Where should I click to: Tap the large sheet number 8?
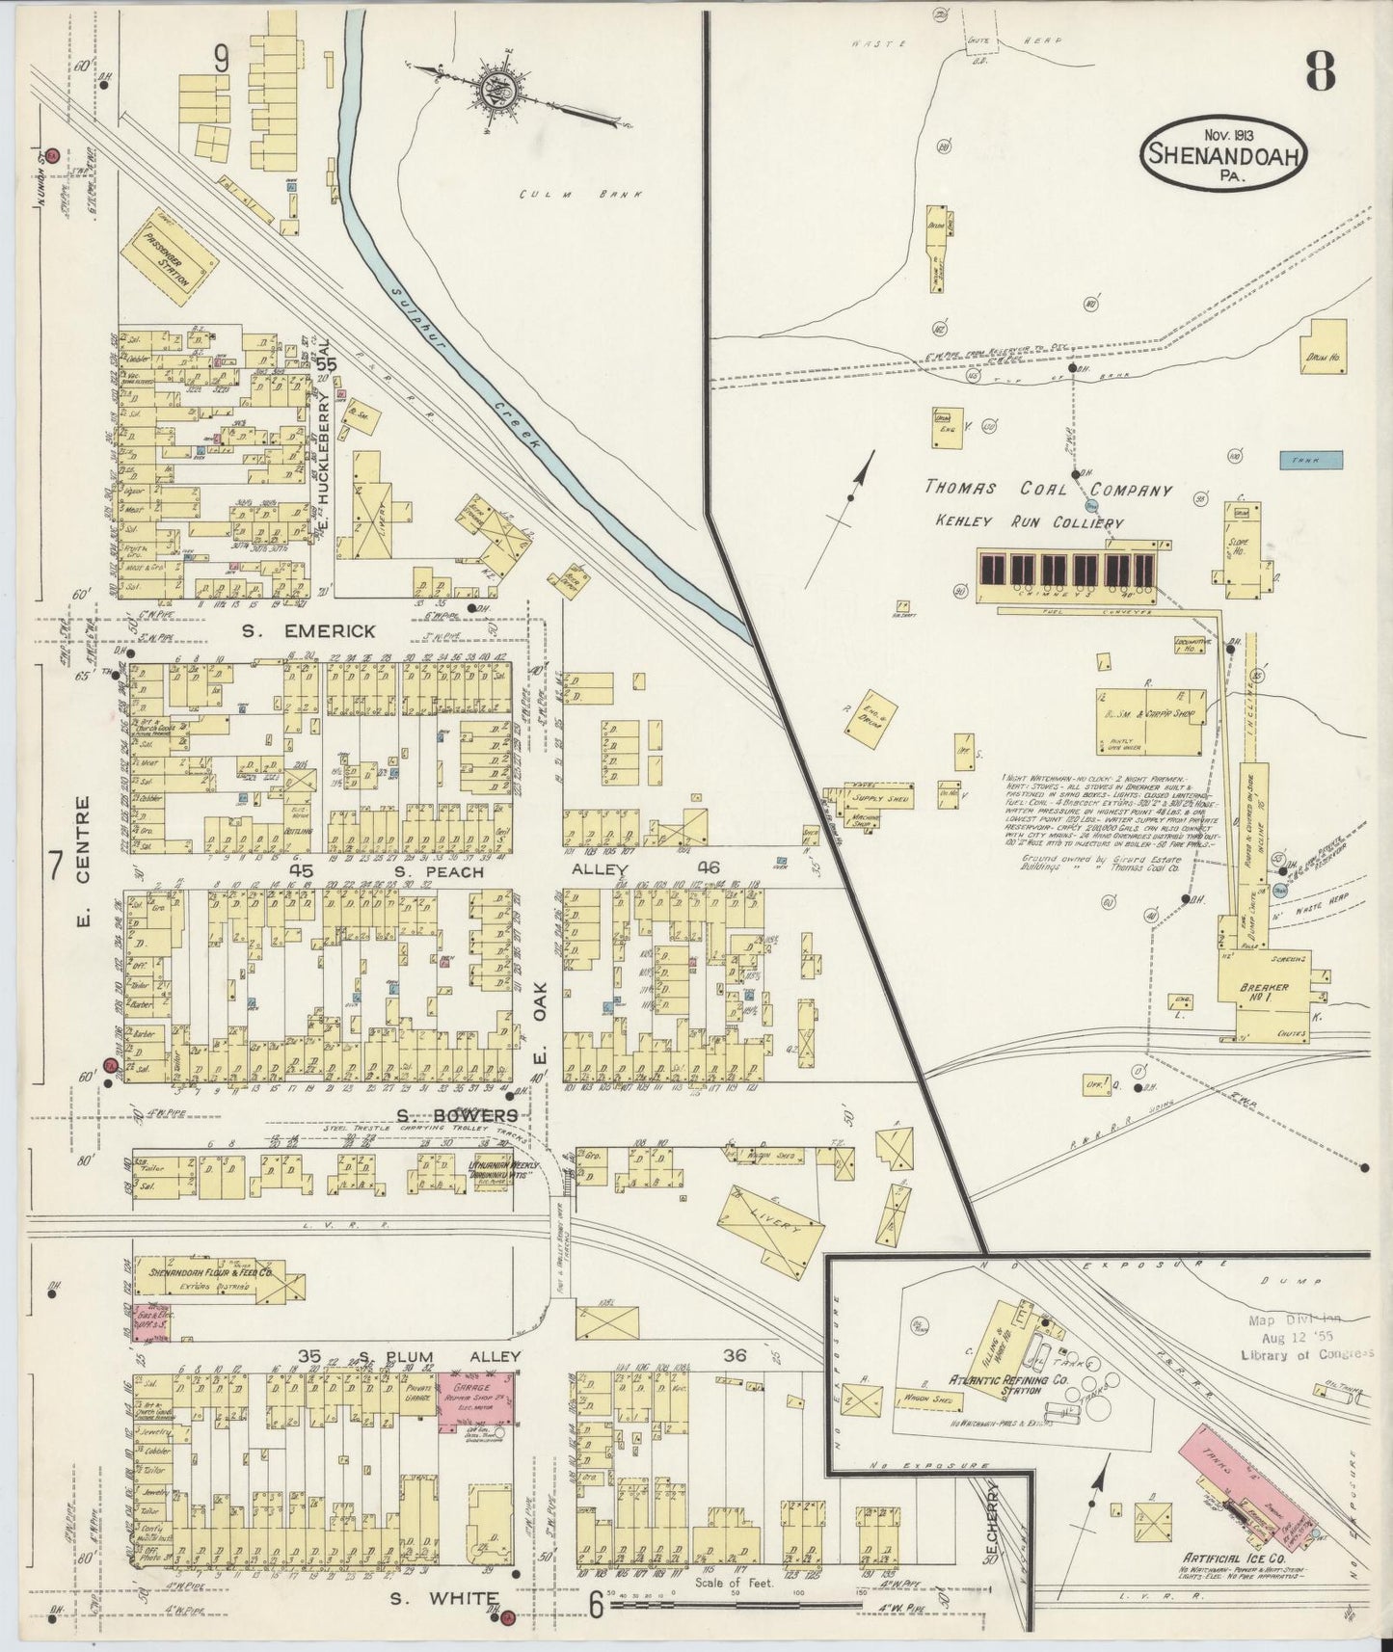1320,69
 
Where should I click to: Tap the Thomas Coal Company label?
1049,490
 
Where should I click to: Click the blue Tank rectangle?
1311,461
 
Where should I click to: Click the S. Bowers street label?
457,1115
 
